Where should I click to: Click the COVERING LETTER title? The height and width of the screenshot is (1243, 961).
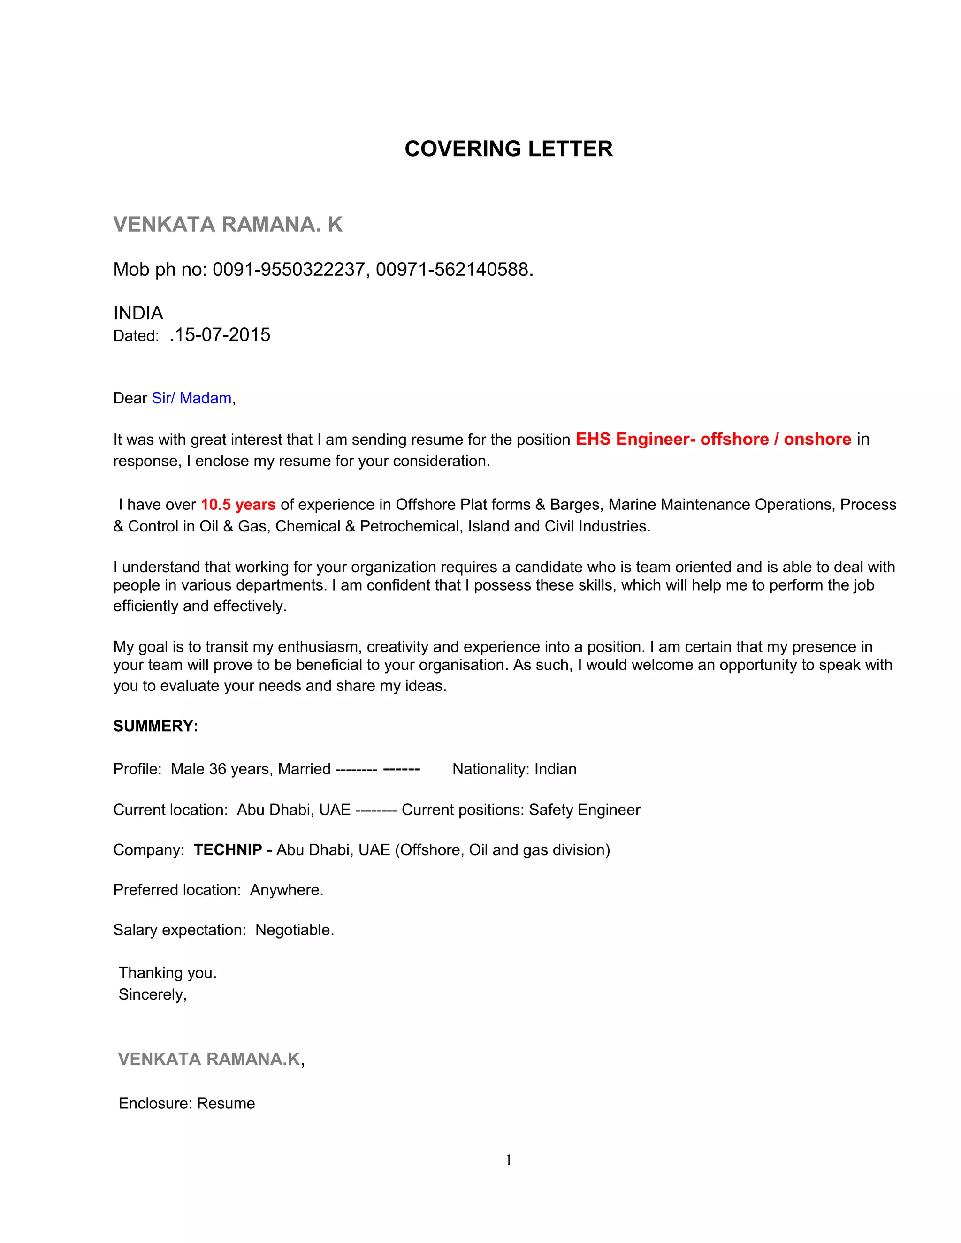coord(508,149)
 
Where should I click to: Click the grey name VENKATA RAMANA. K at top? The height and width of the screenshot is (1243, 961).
coord(228,225)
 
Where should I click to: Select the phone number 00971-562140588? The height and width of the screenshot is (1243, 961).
coord(452,269)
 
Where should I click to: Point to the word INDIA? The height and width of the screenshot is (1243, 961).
coord(138,313)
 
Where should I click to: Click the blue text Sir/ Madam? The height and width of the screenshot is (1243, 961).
coord(191,398)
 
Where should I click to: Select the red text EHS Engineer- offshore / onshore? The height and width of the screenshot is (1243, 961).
coord(713,439)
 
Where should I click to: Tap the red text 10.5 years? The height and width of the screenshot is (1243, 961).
coord(238,504)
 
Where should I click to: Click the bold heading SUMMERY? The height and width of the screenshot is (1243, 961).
coord(155,726)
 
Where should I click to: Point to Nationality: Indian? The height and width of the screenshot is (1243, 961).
coord(514,769)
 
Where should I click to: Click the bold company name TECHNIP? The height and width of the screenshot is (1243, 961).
coord(228,850)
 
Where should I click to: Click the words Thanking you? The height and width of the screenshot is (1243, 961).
coord(168,973)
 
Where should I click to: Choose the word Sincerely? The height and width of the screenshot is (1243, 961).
coord(152,994)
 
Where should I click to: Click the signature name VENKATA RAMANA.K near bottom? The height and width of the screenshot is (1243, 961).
coord(209,1059)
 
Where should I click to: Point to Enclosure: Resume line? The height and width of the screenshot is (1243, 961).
coord(187,1103)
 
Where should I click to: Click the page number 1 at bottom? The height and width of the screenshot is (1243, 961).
coord(508,1160)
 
